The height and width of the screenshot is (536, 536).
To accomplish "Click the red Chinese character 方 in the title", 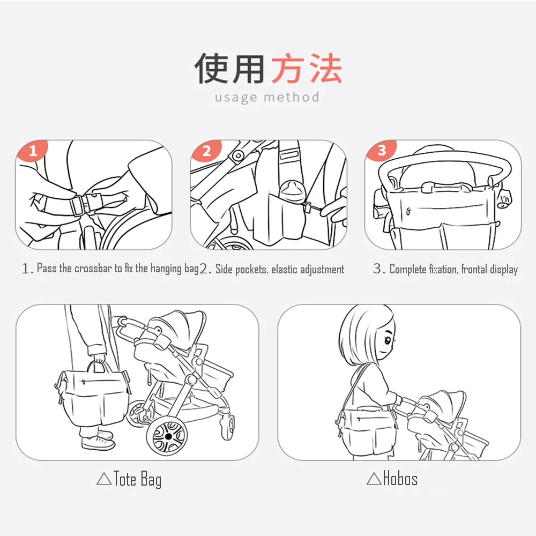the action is click(x=288, y=69).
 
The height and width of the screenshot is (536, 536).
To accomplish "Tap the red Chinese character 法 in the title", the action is click(x=326, y=69).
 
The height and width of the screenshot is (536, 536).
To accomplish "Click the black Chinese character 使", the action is click(x=212, y=69).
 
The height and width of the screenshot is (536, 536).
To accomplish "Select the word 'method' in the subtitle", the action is click(x=292, y=97).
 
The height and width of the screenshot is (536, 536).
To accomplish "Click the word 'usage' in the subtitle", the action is click(x=236, y=98).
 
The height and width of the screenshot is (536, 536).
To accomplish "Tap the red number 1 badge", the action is click(x=33, y=151).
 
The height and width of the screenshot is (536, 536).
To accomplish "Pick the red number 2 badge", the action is click(x=207, y=151).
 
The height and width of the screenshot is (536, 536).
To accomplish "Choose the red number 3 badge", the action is click(x=382, y=150).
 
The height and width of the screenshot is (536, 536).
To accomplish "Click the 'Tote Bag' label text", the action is click(x=137, y=479).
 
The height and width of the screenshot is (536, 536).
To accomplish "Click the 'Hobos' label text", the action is click(x=400, y=478).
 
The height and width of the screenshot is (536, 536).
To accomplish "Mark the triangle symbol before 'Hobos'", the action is click(x=374, y=479).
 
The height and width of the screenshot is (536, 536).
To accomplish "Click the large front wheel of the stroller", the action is click(x=167, y=437).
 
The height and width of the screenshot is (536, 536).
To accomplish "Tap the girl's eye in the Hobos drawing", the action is click(x=388, y=340).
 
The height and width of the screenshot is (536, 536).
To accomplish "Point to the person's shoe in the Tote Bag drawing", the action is click(x=98, y=443).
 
